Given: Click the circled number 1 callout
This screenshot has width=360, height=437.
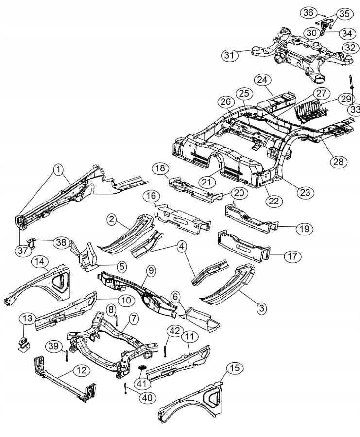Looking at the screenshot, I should click(58, 169).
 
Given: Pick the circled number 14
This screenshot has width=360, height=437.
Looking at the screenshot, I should click(39, 262).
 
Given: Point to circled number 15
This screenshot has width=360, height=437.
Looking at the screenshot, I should click(235, 369).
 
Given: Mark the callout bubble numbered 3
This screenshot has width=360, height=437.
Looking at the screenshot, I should click(261, 308).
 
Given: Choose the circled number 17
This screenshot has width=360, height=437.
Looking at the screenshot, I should click(291, 256).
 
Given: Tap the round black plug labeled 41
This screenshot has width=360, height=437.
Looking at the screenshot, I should click(143, 367).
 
